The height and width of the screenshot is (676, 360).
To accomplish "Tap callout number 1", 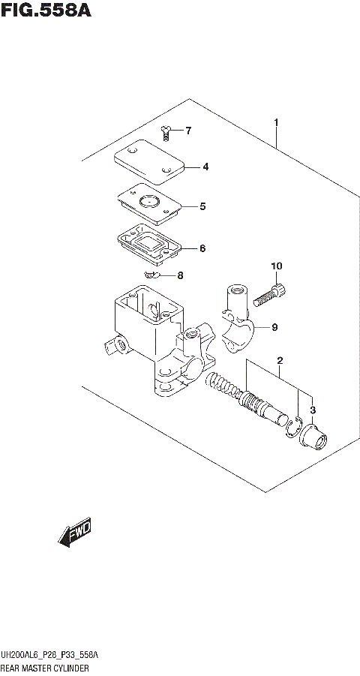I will click(x=276, y=122).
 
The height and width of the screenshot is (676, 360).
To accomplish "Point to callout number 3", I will click(x=313, y=409).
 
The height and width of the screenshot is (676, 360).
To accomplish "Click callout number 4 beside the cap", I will click(x=205, y=167).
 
